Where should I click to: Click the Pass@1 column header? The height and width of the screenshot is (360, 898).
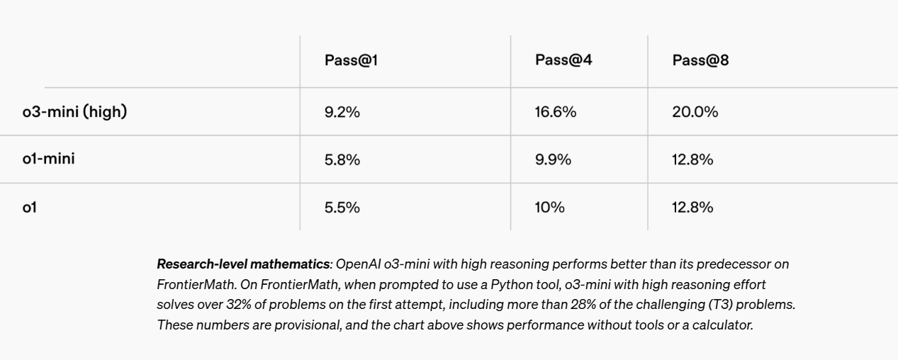click(351, 61)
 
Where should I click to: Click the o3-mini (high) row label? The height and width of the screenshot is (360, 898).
click(74, 111)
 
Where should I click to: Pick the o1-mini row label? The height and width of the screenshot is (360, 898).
click(48, 159)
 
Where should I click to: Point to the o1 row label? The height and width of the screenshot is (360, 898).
click(29, 207)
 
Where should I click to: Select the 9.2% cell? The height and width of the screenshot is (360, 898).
click(342, 112)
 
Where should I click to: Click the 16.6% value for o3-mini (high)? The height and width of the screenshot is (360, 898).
click(556, 112)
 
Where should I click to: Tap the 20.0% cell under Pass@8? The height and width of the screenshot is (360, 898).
click(695, 112)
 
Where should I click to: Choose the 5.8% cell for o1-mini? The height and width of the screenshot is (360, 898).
click(342, 160)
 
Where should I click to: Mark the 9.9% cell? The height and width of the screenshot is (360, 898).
click(553, 160)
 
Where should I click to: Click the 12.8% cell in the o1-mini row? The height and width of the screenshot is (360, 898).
click(692, 160)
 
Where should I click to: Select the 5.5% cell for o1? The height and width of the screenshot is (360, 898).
click(342, 208)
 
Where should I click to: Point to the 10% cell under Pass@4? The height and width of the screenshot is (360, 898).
click(549, 208)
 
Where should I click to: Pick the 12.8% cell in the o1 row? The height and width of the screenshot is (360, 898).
click(692, 208)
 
